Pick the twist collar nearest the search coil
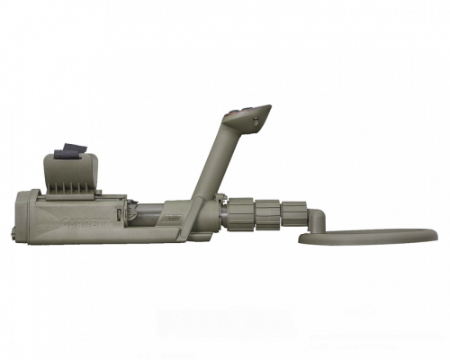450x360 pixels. (x=293, y=214)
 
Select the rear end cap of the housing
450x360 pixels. (x=23, y=215)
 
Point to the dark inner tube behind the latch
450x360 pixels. (x=148, y=215)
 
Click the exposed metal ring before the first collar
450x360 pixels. (x=222, y=213)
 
